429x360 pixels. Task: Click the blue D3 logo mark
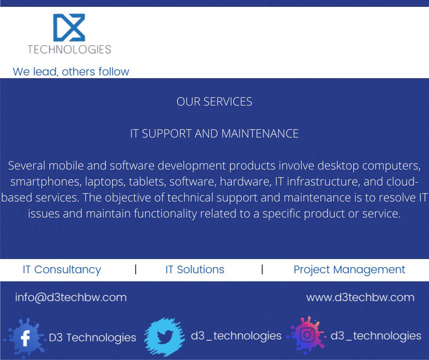click(69, 28)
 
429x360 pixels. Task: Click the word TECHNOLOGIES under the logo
click(69, 49)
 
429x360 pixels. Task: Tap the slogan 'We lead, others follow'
click(71, 72)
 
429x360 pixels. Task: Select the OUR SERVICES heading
click(214, 101)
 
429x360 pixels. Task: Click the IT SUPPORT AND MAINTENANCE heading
click(214, 133)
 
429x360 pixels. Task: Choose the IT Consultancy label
click(62, 270)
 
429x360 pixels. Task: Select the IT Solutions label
click(194, 270)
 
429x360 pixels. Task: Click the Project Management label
click(349, 270)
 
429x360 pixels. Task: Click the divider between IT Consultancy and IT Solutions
click(136, 269)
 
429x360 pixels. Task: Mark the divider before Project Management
click(262, 269)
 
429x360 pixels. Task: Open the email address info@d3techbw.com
click(71, 297)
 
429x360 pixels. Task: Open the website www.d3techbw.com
click(360, 297)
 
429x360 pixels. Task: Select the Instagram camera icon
click(307, 335)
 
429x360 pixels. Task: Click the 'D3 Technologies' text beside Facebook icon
click(92, 338)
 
